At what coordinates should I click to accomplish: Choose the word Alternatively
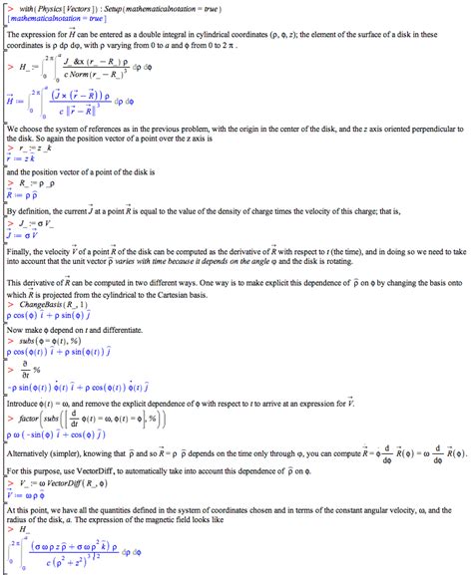click(x=31, y=450)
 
